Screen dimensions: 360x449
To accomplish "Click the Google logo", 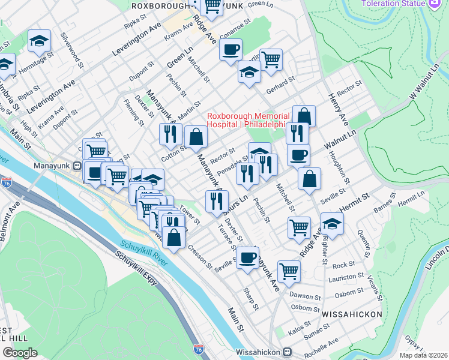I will pos(20,353).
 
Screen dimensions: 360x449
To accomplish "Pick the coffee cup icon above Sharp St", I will pos(247,257).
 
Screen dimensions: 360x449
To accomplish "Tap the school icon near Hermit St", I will pos(331,223).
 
